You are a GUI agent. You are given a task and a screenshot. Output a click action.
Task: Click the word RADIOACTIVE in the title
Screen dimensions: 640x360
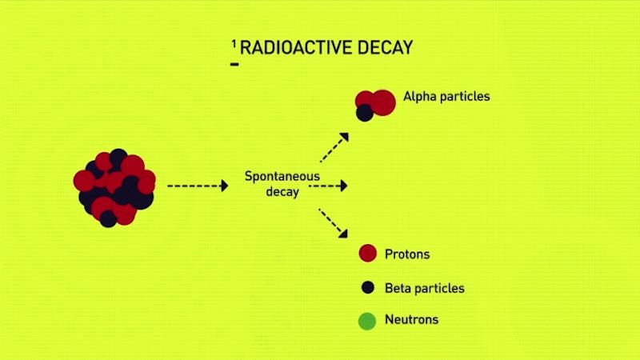click(296, 48)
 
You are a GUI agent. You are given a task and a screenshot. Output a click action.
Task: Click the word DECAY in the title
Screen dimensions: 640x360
click(386, 48)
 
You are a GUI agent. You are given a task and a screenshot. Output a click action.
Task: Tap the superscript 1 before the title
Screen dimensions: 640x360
click(234, 44)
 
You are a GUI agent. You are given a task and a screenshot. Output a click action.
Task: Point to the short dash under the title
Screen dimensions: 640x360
click(234, 64)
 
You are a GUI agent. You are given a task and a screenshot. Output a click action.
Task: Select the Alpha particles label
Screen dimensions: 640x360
click(446, 96)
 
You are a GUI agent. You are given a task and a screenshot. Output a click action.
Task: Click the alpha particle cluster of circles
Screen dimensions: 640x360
click(375, 105)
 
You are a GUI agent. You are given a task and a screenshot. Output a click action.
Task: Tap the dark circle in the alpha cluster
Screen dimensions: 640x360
click(365, 113)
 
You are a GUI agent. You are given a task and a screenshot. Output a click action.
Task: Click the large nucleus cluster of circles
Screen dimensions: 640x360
click(114, 188)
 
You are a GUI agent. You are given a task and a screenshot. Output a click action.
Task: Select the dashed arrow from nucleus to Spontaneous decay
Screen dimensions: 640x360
click(198, 186)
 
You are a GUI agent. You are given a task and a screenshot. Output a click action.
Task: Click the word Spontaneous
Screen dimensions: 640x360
click(282, 177)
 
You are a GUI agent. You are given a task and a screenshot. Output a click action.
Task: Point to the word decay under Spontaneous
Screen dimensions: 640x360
click(282, 192)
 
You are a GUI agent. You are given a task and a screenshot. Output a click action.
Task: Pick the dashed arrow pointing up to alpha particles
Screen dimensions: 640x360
click(334, 147)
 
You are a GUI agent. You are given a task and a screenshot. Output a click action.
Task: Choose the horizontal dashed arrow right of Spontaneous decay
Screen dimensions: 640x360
click(328, 186)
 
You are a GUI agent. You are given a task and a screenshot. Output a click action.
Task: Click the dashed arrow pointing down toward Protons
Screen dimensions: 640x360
click(333, 223)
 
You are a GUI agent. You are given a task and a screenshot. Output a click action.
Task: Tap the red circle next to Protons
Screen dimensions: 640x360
click(368, 253)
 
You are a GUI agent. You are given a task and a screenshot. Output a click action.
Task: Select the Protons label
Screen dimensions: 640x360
click(407, 254)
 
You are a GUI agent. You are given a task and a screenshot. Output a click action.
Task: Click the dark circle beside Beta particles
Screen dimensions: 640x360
click(368, 287)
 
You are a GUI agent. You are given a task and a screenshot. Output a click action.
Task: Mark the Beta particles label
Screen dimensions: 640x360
click(425, 288)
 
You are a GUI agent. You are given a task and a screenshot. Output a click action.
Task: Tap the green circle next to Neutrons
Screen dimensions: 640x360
click(367, 322)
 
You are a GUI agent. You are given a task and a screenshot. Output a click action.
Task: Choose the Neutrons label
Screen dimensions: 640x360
click(411, 319)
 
